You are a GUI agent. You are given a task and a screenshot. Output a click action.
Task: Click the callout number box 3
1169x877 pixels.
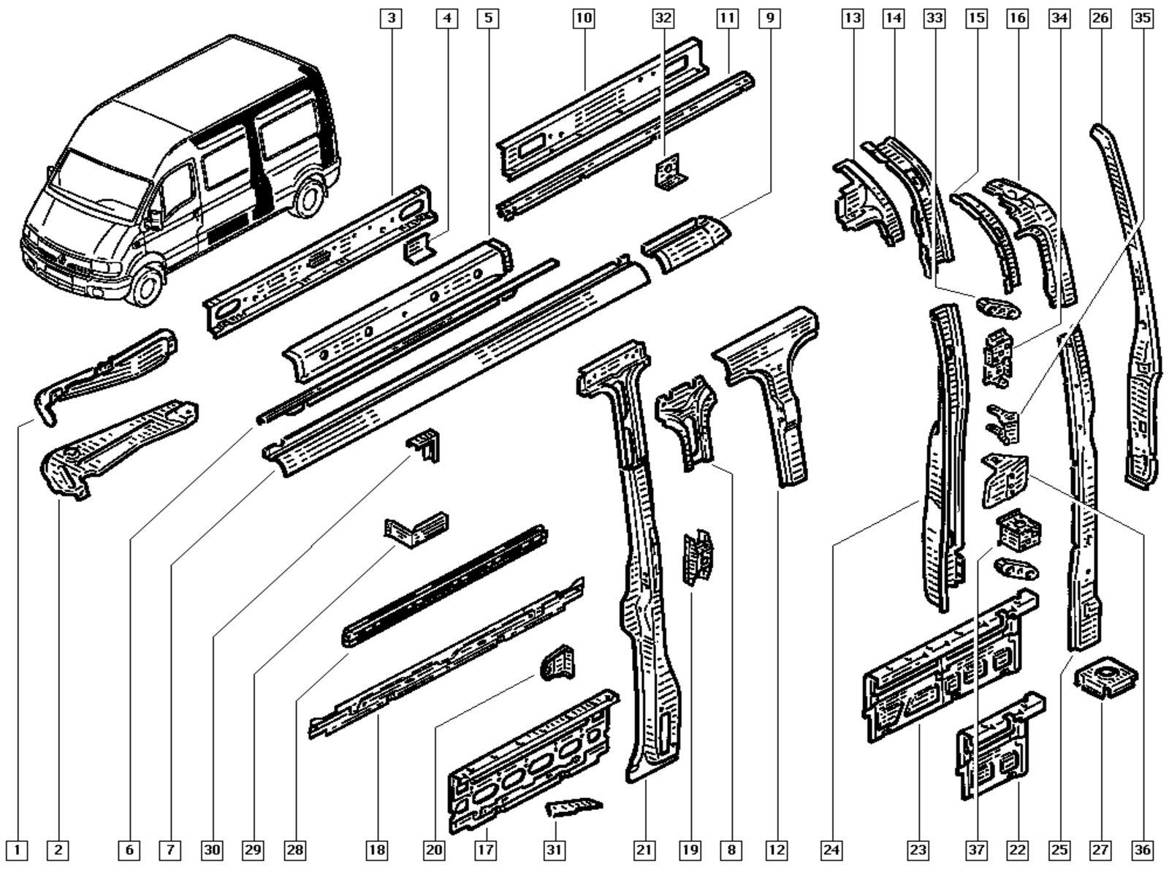(x=392, y=18)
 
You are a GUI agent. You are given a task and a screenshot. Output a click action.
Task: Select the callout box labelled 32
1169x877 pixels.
(x=663, y=18)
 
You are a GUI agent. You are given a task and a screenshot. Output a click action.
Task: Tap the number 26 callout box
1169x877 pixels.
(x=1100, y=18)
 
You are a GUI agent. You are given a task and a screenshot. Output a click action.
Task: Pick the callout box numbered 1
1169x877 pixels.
(x=18, y=850)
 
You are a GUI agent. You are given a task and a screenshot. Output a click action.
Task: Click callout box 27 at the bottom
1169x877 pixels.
(x=1100, y=850)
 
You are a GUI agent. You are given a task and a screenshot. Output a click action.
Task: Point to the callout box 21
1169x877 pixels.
(x=644, y=850)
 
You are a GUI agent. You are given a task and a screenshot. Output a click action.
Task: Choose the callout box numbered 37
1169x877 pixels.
(x=977, y=850)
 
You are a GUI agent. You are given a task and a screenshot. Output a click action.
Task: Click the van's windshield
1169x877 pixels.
(x=95, y=175)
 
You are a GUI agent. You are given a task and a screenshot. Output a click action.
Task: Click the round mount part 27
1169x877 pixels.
(x=1105, y=677)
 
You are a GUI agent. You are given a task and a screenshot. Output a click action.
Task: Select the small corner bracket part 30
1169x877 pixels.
(x=425, y=444)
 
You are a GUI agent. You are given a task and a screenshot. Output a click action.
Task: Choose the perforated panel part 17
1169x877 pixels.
(x=531, y=760)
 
